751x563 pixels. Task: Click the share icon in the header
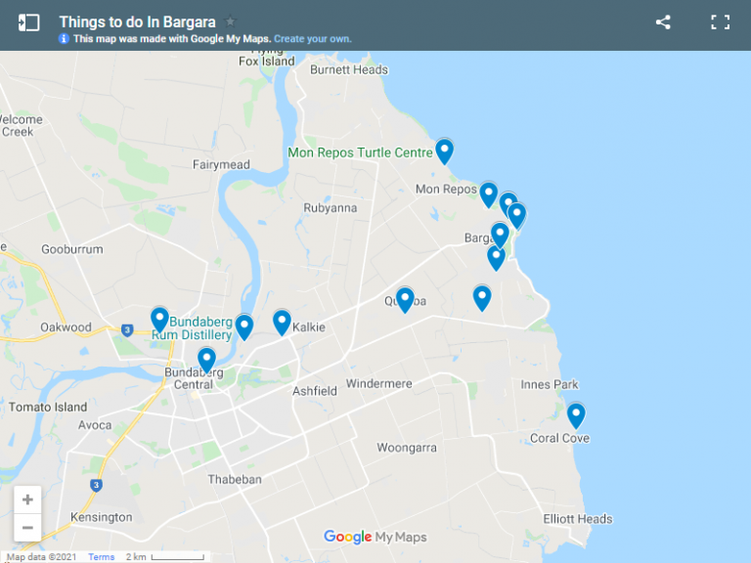click(x=663, y=22)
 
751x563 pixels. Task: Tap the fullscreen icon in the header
click(x=720, y=22)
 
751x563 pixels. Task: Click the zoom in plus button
click(x=27, y=499)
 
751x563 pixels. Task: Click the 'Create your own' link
click(x=312, y=39)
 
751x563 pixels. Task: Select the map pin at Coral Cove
click(x=576, y=415)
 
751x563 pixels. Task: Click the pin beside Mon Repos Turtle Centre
click(x=444, y=152)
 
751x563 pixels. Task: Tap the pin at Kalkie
click(x=282, y=322)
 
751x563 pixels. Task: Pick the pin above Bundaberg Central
click(x=206, y=360)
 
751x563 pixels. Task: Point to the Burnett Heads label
click(x=349, y=69)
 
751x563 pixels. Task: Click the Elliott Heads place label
click(x=578, y=519)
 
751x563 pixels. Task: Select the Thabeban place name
click(x=235, y=479)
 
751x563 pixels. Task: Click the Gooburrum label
click(x=72, y=249)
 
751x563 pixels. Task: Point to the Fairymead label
click(x=221, y=164)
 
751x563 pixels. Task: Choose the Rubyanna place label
click(x=331, y=207)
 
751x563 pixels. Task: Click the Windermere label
click(x=378, y=384)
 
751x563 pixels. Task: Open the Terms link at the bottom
click(x=102, y=557)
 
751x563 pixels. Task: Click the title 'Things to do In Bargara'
click(x=137, y=22)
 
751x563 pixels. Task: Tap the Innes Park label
click(x=550, y=384)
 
